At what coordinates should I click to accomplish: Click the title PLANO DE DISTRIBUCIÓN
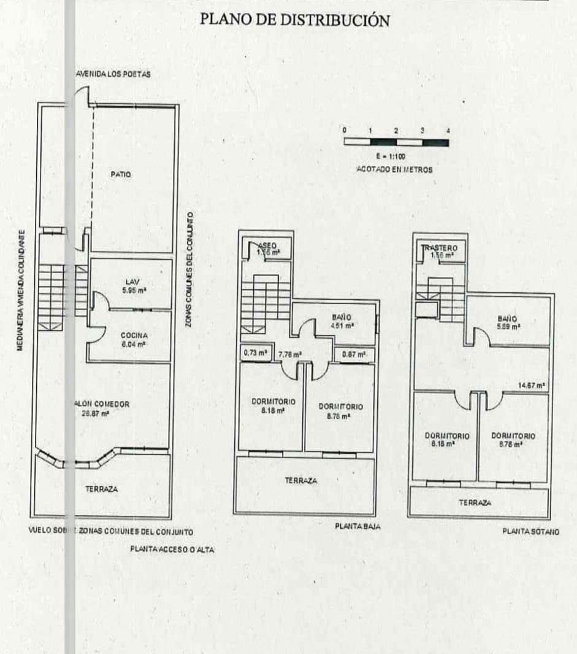coord(294,20)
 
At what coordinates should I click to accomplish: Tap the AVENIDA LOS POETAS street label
coord(115,74)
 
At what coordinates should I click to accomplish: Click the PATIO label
coord(121,174)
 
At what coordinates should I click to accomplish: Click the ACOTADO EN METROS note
coord(394,169)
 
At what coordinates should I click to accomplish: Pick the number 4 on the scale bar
coord(448,131)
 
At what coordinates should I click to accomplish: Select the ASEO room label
coord(267,246)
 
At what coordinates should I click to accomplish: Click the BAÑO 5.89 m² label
coord(507,322)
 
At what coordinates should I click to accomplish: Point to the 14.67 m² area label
coord(531,386)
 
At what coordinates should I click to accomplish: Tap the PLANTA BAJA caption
coord(357,526)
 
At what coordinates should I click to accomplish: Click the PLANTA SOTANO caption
coord(530,532)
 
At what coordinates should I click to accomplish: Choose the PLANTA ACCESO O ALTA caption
coord(172,549)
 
